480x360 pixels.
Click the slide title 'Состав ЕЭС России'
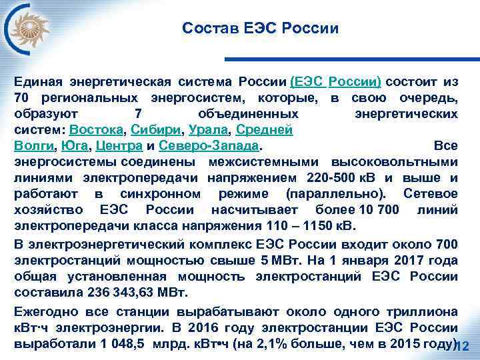point(260,29)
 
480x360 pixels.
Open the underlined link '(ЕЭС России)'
point(336,82)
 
